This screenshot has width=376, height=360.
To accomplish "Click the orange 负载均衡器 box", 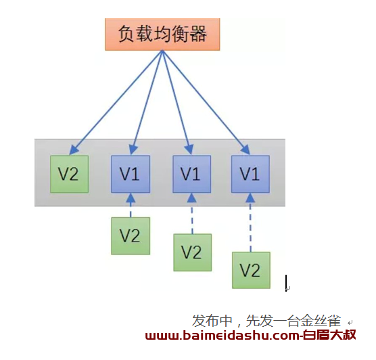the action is pyautogui.click(x=162, y=35).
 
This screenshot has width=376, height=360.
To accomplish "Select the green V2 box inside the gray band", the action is pyautogui.click(x=69, y=174).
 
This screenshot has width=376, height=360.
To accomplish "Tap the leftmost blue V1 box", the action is pyautogui.click(x=131, y=174).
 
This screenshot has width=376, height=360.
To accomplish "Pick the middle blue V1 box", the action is pyautogui.click(x=192, y=174).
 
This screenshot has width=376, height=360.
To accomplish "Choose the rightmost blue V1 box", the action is pyautogui.click(x=250, y=174).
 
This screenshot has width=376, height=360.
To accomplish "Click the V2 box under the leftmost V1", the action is pyautogui.click(x=131, y=236).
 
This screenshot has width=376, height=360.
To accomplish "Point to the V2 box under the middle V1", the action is pyautogui.click(x=193, y=252).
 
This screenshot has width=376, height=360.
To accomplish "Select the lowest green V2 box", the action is pyautogui.click(x=251, y=270).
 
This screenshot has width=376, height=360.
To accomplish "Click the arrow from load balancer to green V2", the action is pyautogui.click(x=116, y=102).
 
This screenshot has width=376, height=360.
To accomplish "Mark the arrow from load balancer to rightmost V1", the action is pyautogui.click(x=206, y=102).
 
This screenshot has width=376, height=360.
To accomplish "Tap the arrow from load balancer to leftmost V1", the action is pyautogui.click(x=147, y=102).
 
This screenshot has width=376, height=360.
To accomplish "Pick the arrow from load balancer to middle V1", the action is pyautogui.click(x=178, y=102).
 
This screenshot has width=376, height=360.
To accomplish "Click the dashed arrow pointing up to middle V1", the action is pyautogui.click(x=192, y=213).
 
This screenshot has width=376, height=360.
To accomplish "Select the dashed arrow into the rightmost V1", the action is pyautogui.click(x=251, y=223).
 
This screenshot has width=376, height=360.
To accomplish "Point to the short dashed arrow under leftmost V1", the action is pyautogui.click(x=131, y=205).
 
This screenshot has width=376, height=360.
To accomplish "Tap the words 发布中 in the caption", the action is pyautogui.click(x=212, y=321).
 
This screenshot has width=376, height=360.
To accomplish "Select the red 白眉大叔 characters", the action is pyautogui.click(x=329, y=335).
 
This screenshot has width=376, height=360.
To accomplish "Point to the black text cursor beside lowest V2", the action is pyautogui.click(x=286, y=283).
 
